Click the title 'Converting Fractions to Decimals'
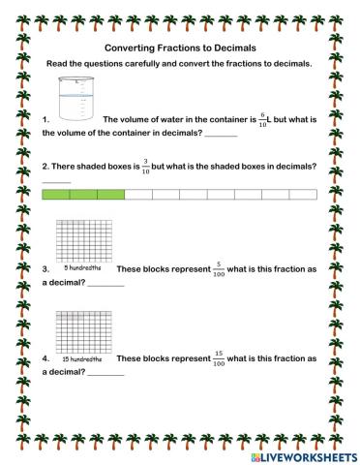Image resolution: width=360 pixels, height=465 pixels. click(x=179, y=46)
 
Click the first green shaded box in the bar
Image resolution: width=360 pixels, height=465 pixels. click(x=57, y=195)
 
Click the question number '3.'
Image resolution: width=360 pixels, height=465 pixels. click(x=46, y=269)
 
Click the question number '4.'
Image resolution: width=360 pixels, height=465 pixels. click(x=46, y=360)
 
